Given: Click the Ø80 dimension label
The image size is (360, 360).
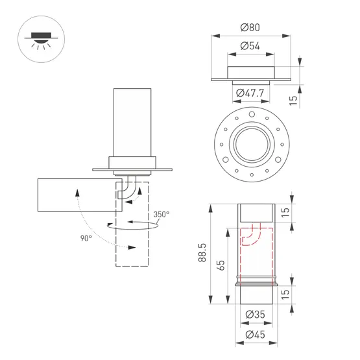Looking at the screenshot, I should [x=250, y=27].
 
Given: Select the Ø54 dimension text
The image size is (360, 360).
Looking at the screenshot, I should [x=250, y=46].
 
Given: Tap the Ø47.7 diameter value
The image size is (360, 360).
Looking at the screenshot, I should [x=250, y=93].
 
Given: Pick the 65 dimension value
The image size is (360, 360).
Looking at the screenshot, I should [x=221, y=265].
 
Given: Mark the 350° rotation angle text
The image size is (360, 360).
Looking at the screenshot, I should [x=162, y=214].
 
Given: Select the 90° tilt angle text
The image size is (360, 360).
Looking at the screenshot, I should [x=86, y=238].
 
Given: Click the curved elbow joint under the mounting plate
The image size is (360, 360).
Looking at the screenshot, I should [x=132, y=188].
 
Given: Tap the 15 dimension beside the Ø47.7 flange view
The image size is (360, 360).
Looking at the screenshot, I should [x=293, y=99].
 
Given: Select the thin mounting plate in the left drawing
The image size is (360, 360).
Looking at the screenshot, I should [x=132, y=170].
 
